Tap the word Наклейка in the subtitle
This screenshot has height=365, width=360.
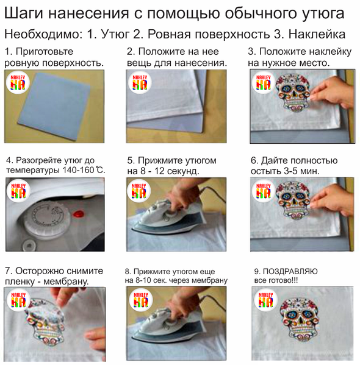tap(317, 35)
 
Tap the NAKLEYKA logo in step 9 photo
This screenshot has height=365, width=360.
tap(265, 300)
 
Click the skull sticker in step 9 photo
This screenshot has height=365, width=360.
tap(300, 319)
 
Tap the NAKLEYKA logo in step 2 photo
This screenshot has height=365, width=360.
tap(140, 82)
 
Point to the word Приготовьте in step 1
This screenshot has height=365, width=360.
tap(45, 52)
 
